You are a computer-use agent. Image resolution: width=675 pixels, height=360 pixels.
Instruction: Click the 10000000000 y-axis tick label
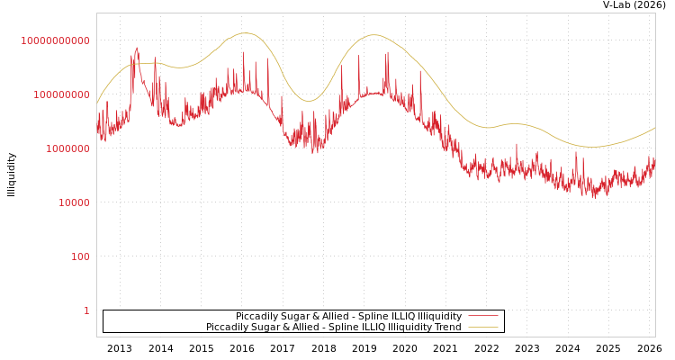coord(56,40)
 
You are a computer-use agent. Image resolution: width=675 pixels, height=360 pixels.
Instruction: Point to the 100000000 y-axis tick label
coord(56,94)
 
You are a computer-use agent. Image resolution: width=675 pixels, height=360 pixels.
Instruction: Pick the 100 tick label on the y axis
coord(81,256)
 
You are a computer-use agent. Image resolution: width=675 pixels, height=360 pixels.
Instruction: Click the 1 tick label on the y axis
coord(86,310)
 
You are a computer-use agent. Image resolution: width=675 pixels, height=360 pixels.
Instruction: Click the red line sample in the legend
coord(483,317)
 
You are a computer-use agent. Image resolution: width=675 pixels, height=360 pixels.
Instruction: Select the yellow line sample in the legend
coord(483,328)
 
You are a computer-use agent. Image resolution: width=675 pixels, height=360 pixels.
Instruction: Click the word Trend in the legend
coord(447,328)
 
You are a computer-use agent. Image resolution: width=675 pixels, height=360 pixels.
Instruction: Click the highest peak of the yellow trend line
coord(244,33)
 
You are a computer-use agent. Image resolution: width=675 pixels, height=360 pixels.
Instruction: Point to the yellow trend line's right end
coord(654,128)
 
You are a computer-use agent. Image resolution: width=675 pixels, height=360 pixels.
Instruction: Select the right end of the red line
coord(654,162)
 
